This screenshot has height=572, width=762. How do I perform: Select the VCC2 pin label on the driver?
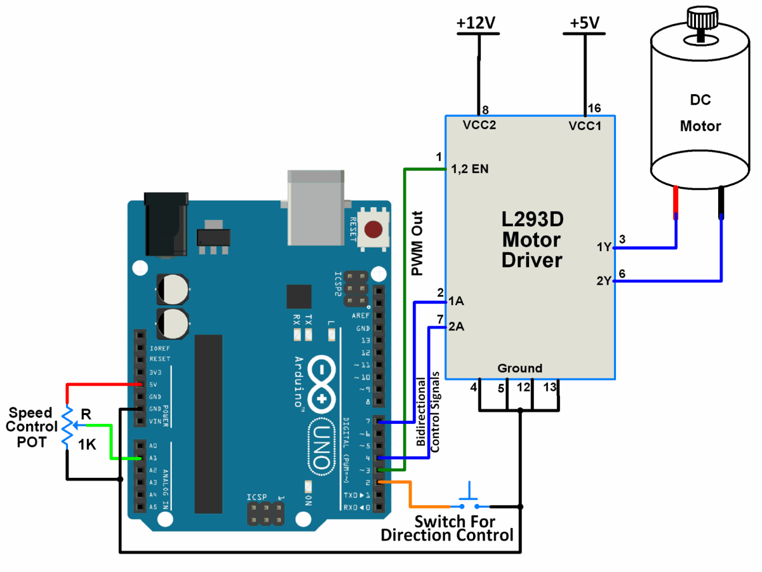(x=479, y=125)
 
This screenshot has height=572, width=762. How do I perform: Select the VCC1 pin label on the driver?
(x=585, y=125)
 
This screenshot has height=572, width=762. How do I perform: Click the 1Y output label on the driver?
(x=604, y=247)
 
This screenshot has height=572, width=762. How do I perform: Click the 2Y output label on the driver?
(x=604, y=280)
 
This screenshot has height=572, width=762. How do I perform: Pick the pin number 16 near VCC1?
(x=594, y=108)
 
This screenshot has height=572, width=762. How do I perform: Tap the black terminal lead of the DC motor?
(x=721, y=201)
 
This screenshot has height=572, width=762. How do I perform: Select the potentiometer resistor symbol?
(x=67, y=426)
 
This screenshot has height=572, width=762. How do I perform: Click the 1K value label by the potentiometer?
(x=87, y=446)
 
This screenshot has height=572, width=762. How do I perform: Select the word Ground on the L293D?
(x=519, y=368)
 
